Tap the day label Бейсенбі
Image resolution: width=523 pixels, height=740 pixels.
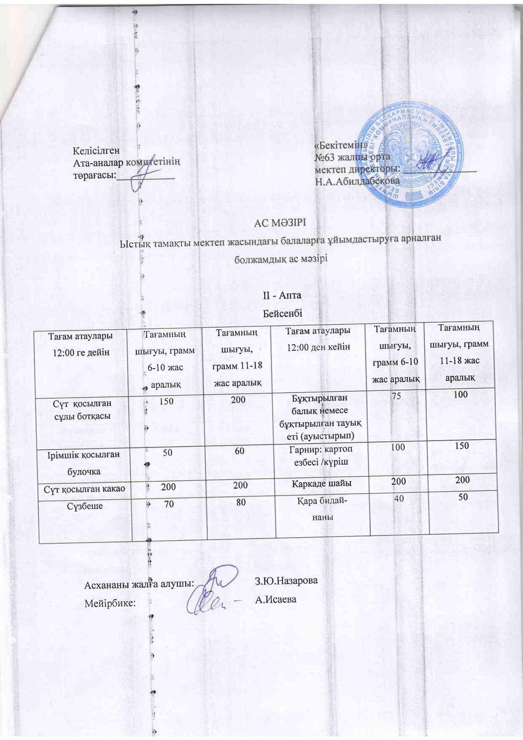click(283, 314)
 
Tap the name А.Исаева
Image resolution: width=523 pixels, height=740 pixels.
click(276, 599)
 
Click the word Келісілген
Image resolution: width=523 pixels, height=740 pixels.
click(96, 151)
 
